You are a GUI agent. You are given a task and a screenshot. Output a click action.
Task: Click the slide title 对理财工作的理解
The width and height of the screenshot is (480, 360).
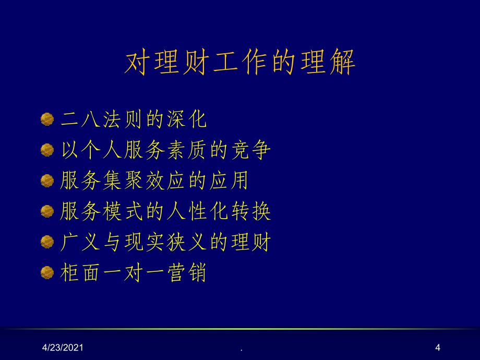coord(241,62)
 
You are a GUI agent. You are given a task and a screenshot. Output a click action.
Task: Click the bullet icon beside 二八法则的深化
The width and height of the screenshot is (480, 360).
coord(47,119)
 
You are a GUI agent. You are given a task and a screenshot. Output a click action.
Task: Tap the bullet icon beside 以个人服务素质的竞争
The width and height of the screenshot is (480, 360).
coord(47,150)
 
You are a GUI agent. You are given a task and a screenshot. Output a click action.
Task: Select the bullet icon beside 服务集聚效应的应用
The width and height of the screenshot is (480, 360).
coord(47,181)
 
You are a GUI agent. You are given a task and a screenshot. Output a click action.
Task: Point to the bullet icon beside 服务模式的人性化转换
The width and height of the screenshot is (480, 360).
coord(47,211)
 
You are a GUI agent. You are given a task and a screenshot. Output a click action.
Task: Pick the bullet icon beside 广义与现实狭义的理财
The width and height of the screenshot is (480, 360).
coord(47,242)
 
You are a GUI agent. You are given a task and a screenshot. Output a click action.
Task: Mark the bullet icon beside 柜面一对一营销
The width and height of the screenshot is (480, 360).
coord(47,272)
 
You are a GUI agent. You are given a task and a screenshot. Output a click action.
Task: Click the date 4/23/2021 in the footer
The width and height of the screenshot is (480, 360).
coord(63,347)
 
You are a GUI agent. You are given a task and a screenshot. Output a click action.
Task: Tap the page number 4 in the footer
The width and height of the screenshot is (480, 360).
coord(438,347)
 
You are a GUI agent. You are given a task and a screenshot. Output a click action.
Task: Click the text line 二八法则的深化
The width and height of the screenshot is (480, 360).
coord(134,119)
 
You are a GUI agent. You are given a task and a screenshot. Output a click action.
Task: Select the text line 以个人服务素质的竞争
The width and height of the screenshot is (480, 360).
coord(165,150)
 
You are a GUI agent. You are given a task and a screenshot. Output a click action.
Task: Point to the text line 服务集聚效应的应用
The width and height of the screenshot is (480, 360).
coord(154,181)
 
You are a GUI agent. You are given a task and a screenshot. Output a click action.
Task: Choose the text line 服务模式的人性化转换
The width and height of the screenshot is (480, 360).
coord(165,211)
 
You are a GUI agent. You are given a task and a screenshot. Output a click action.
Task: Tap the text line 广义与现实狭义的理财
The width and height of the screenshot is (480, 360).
coord(165,242)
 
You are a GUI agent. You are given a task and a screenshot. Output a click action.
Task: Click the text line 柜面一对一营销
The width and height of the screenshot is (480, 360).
coord(133,272)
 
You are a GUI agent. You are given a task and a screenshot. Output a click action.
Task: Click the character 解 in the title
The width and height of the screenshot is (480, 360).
coord(343,62)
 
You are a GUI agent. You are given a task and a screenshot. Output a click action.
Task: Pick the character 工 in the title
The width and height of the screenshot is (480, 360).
coord(225,62)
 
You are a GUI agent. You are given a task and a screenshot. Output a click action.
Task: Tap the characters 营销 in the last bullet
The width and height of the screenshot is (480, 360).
coord(186,272)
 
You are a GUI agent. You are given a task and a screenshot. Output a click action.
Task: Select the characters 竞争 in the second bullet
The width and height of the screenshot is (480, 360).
coord(251,150)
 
